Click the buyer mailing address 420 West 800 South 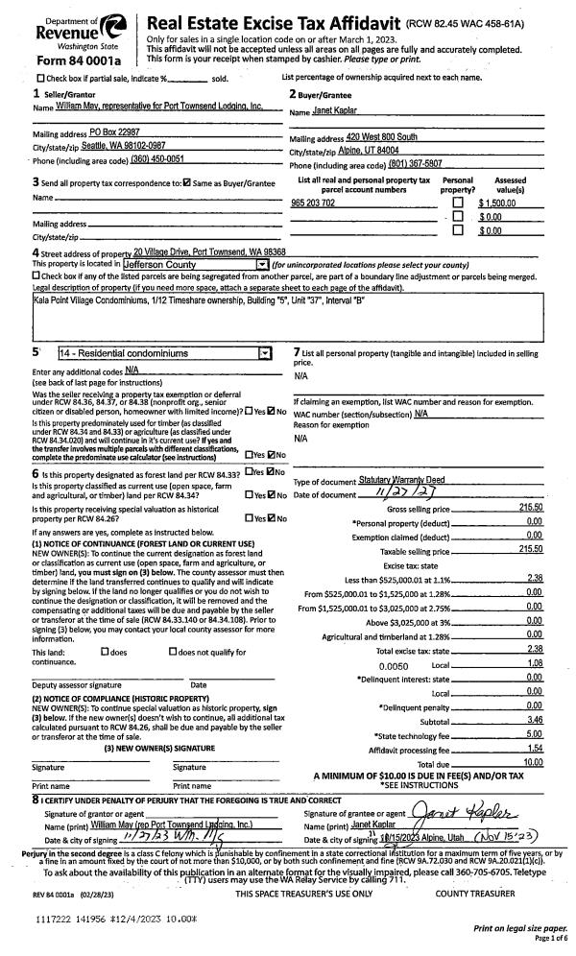coord(381,137)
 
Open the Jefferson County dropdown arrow coord(261,263)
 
